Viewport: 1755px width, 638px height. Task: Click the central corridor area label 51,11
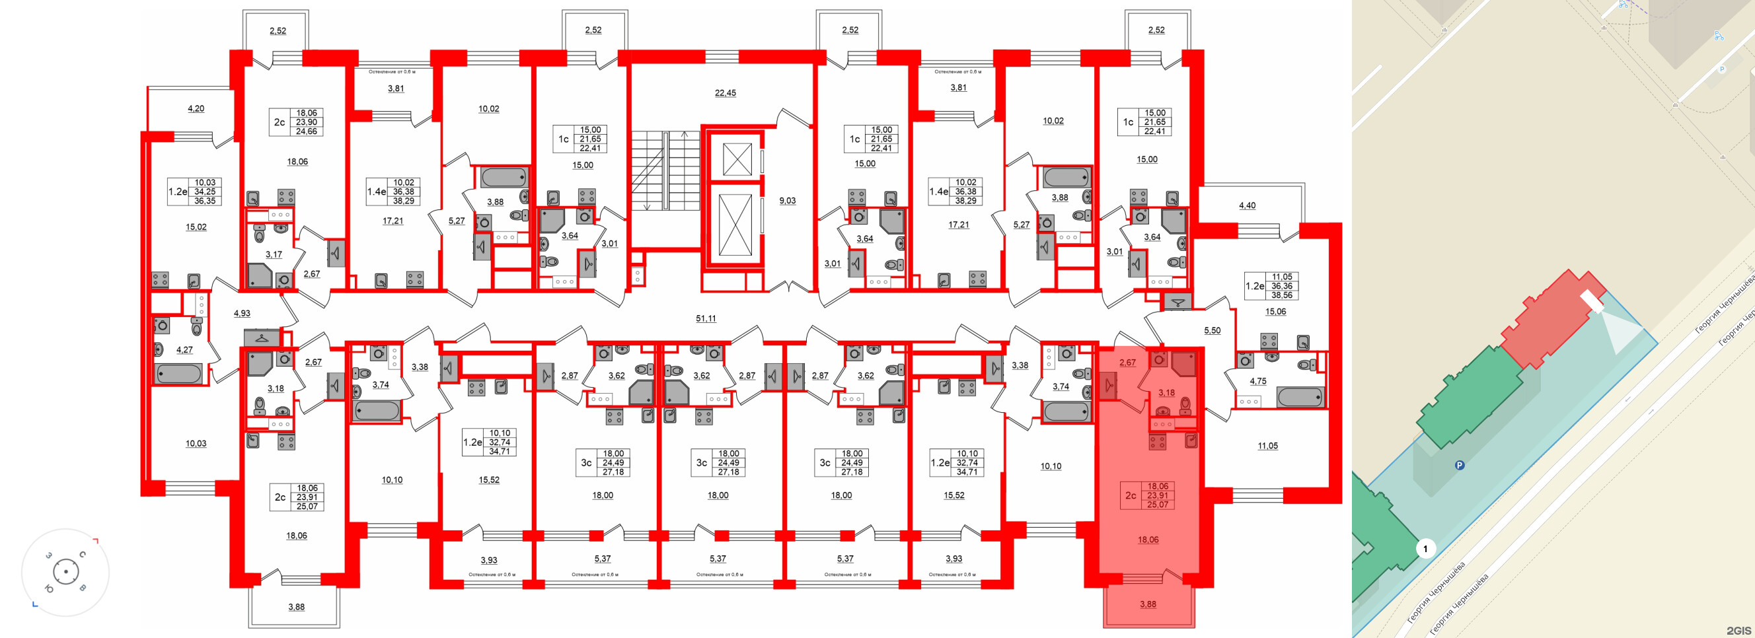coord(706,318)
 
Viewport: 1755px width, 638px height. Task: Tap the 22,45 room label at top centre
coord(725,92)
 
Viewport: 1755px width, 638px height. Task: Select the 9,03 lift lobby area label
coord(787,200)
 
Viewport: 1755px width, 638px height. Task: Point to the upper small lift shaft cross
coord(737,159)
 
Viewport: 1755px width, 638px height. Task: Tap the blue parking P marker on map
coord(1460,466)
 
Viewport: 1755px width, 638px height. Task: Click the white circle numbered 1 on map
coord(1425,548)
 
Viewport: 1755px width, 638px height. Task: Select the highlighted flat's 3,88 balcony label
coord(1147,604)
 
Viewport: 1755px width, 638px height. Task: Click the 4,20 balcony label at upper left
coord(196,108)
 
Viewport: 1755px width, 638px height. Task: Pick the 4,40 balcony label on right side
coord(1247,205)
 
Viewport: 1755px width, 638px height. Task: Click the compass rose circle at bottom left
coord(65,572)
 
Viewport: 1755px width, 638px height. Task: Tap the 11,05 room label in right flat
coord(1267,445)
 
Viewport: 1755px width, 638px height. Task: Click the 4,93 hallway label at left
coord(242,313)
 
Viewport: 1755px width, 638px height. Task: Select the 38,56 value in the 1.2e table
coord(1281,295)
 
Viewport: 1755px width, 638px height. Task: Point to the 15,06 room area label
coord(1275,311)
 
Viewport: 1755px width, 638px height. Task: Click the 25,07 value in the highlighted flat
coord(1158,505)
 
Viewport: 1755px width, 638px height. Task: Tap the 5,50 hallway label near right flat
coord(1212,330)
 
